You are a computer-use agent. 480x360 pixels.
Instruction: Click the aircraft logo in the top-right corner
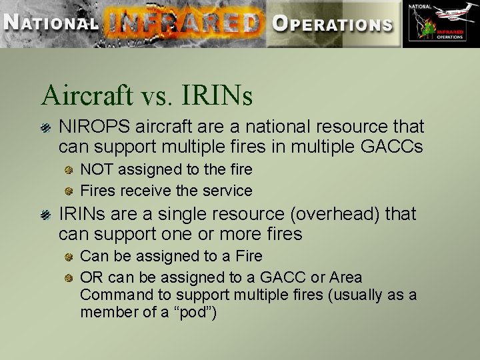(441, 24)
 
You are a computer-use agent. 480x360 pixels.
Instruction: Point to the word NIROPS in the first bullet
(87, 127)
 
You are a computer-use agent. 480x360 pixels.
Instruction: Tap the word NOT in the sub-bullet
(97, 170)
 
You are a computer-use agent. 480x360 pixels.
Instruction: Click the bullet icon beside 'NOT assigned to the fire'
(68, 170)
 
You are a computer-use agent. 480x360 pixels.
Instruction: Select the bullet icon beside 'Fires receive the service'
(68, 191)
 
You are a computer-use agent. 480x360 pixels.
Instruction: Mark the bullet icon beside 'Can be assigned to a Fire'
(68, 257)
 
